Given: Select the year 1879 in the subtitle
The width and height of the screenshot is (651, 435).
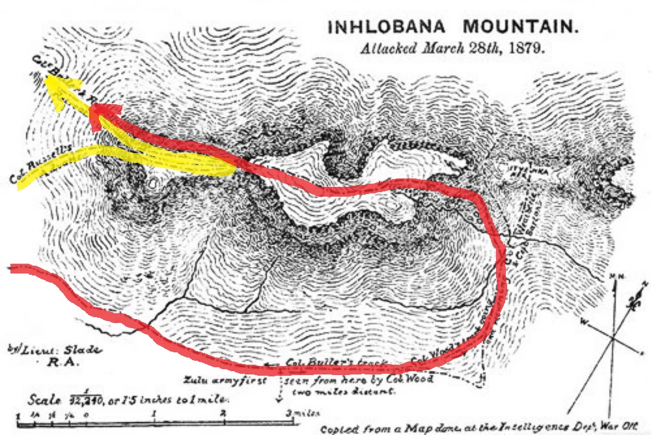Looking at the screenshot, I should point(527,49).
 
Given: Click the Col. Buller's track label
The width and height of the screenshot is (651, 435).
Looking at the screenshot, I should point(337,363).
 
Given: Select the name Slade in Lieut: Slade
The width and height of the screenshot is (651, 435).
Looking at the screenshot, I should point(85,350).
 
